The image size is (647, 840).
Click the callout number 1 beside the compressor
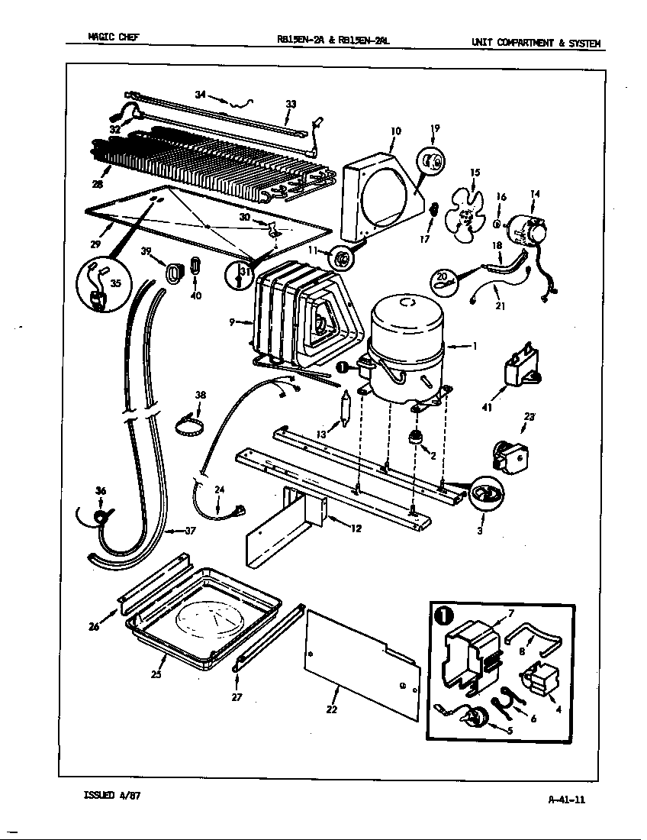pos(475,346)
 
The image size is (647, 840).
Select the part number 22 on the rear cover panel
pos(331,709)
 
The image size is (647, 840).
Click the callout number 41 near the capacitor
pos(487,408)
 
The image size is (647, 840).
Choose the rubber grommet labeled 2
pos(417,438)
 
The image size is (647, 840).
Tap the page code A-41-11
pos(566,800)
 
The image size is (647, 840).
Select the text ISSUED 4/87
pos(111,795)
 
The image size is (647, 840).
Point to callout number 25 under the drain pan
pos(156,674)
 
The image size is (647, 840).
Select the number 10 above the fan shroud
pos(395,131)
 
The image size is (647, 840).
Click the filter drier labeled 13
pos(345,410)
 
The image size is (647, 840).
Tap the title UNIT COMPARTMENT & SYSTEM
pos(536,43)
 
